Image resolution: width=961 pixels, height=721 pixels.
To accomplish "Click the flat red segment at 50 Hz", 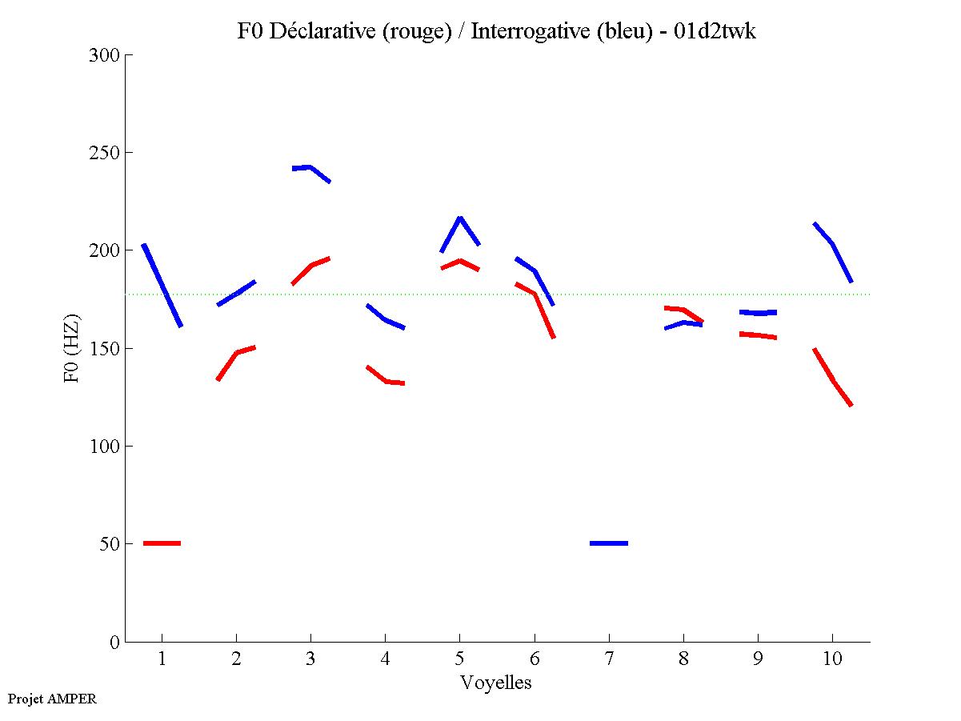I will click(x=162, y=543).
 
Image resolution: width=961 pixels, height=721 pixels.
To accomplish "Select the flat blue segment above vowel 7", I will click(x=609, y=543).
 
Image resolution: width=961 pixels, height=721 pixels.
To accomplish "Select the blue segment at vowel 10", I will click(x=833, y=243).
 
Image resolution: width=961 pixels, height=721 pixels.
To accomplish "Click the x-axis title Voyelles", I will click(x=496, y=683).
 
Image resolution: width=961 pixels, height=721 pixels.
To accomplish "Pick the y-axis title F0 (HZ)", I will click(x=72, y=348).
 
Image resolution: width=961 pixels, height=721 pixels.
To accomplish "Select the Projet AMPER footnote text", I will click(x=52, y=699).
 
